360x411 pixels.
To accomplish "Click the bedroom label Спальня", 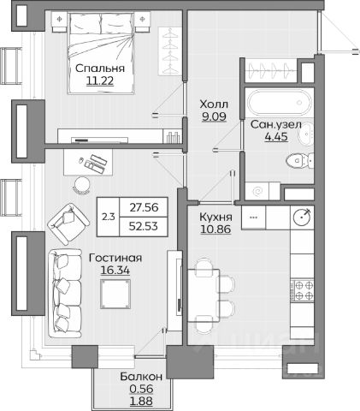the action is tap(100, 68).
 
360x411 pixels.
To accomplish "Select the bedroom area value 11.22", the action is tap(100, 80).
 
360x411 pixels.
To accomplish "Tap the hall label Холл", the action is tap(214, 104).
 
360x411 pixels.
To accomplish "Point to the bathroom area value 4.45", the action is tap(276, 137).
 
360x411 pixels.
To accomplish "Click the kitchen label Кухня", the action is tap(215, 217).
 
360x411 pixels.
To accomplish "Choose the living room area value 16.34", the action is tap(115, 270).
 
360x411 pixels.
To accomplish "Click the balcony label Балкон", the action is tap(141, 377).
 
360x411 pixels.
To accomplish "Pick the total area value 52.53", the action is tap(143, 226).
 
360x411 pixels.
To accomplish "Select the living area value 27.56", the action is tap(144, 207).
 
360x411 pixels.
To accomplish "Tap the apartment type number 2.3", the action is tap(109, 217).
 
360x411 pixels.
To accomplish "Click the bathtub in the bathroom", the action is tap(280, 103).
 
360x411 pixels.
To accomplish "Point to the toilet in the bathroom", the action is tap(299, 161).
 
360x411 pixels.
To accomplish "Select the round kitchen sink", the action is tap(302, 217).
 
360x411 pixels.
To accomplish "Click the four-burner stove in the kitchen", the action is tap(302, 289).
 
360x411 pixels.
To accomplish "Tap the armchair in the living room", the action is tap(68, 223).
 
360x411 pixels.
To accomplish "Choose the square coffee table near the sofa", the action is tap(115, 294).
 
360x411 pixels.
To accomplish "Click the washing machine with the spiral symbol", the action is tap(257, 191).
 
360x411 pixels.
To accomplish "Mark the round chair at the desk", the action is tap(82, 185).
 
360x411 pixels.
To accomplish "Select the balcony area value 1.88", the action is tap(141, 401).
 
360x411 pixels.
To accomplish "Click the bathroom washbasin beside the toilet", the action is tap(306, 135).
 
